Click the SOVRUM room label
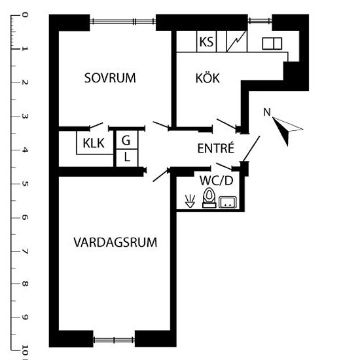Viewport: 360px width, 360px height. click(x=110, y=78)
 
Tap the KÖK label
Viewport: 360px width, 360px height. click(x=207, y=78)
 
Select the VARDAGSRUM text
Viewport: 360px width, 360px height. click(x=115, y=242)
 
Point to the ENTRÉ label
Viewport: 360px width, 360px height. click(x=216, y=148)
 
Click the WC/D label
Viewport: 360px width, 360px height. click(x=217, y=181)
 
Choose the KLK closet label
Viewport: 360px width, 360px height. click(x=94, y=143)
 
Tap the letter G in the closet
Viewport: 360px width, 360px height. click(x=126, y=140)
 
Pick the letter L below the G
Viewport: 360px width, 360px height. click(x=127, y=157)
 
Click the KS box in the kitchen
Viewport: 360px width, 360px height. click(x=206, y=42)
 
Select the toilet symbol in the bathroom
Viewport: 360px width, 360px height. click(x=209, y=198)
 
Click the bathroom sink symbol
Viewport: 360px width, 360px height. click(x=228, y=202)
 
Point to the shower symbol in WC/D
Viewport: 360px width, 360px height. click(x=190, y=202)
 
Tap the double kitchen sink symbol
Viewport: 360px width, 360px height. click(x=272, y=43)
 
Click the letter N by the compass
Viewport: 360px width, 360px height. click(x=267, y=113)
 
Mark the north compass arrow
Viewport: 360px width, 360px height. click(x=287, y=130)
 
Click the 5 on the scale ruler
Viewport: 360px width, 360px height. click(x=25, y=184)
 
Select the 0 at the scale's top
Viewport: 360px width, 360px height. click(x=25, y=15)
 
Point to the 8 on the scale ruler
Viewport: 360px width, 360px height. click(x=25, y=284)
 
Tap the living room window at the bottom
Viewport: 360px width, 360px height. click(x=114, y=340)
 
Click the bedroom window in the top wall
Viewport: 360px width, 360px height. click(x=123, y=22)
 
